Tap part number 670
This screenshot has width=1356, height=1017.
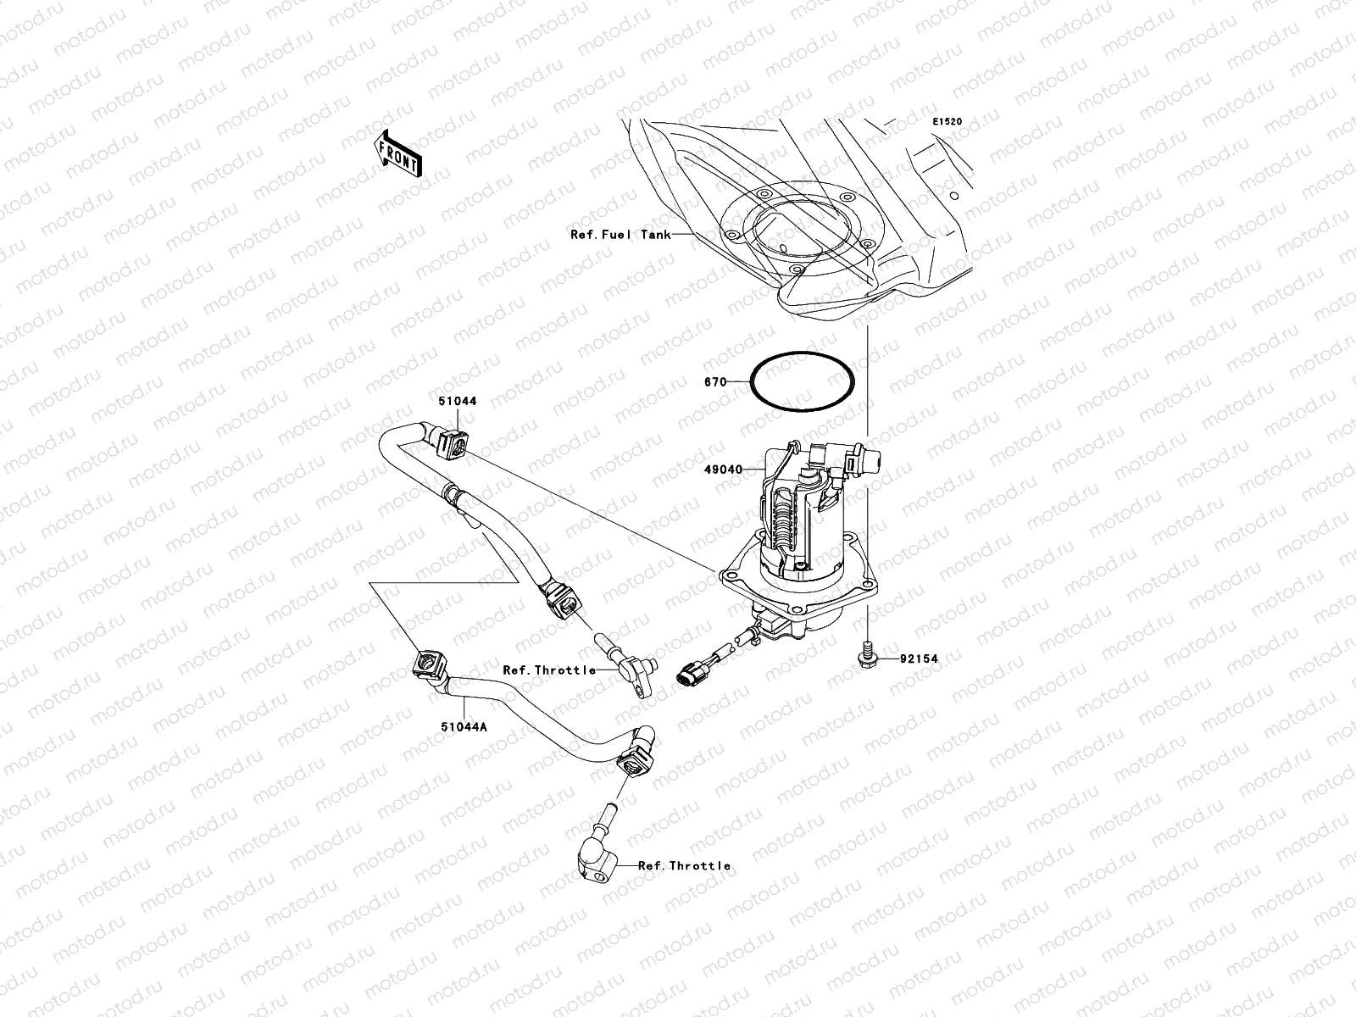click(715, 382)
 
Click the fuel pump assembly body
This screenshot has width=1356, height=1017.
click(801, 517)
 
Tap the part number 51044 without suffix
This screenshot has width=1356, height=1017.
click(458, 401)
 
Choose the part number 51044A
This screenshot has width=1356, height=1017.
click(462, 725)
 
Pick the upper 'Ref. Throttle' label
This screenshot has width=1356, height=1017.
click(549, 670)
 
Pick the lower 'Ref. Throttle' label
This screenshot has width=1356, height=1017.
click(684, 865)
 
